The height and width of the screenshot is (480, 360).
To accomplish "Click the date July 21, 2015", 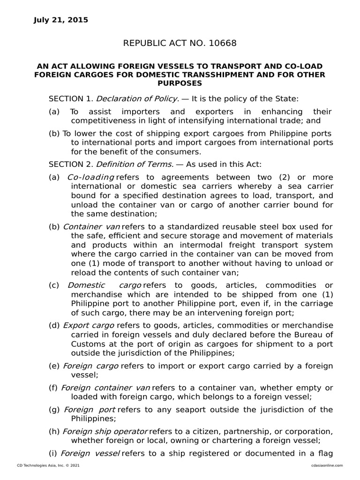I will pyautogui.click(x=61, y=20).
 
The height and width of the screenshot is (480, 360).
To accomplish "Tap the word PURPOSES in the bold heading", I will pyautogui.click(x=180, y=83).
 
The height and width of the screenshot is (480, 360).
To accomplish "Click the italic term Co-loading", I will pyautogui.click(x=91, y=177).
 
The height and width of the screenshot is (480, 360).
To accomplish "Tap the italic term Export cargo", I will pyautogui.click(x=89, y=325).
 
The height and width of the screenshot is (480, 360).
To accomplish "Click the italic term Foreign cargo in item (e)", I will pyautogui.click(x=90, y=366).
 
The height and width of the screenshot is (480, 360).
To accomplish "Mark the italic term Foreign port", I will pyautogui.click(x=90, y=409).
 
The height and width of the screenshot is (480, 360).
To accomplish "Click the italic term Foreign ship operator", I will pyautogui.click(x=105, y=431).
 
